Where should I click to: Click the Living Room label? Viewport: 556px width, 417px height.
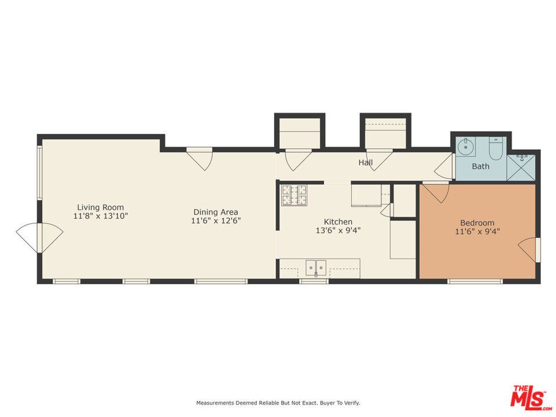(x=100, y=207)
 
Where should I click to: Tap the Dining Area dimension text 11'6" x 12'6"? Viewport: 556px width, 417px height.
(x=216, y=221)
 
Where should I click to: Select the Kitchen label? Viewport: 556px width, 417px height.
(x=338, y=222)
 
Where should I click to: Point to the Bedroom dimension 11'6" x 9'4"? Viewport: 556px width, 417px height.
(x=477, y=231)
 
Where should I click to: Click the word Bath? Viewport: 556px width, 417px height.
(x=481, y=166)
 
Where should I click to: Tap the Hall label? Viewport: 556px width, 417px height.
(x=365, y=162)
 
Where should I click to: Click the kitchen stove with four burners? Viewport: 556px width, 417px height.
(x=294, y=195)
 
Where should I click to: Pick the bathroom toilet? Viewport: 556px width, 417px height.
(x=496, y=147)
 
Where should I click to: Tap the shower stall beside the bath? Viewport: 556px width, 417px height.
(x=521, y=167)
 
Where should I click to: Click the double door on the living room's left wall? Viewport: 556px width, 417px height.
(x=40, y=237)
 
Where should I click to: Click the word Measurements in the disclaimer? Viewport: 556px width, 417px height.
(x=215, y=403)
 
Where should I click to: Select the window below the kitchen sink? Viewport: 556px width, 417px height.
(x=314, y=281)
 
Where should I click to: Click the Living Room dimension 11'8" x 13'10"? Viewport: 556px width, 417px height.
(x=100, y=216)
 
